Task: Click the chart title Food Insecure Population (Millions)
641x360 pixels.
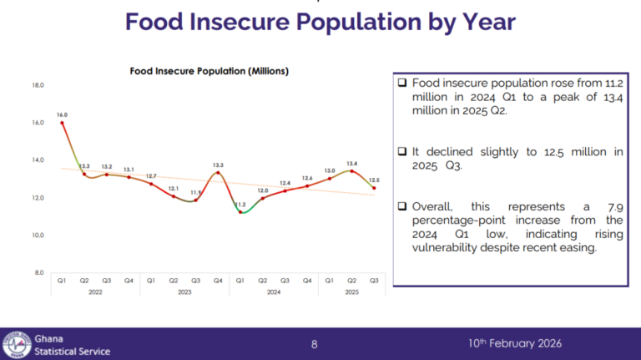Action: pos(209,71)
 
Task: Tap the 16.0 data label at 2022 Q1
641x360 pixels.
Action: pos(62,114)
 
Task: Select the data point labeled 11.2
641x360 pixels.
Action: pos(240,212)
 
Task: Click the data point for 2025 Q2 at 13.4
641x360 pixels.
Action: pos(352,171)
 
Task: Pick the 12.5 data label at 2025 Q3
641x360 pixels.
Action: pos(374,180)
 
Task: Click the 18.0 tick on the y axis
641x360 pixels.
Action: pos(38,85)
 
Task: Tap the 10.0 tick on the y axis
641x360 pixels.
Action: pos(38,236)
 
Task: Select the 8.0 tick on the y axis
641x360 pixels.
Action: pos(38,273)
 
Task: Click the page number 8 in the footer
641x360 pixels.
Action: pos(315,344)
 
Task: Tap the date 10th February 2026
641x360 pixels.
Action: pos(514,344)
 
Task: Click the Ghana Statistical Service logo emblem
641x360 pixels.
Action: pos(16,344)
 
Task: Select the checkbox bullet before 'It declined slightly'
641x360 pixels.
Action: pos(402,152)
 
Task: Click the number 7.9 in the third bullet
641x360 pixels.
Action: pos(612,206)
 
